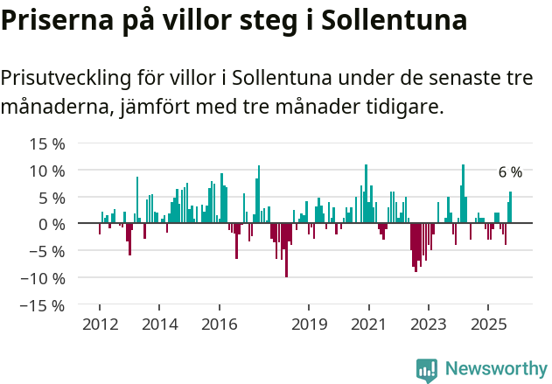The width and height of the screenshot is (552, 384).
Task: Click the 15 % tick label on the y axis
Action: pos(46,143)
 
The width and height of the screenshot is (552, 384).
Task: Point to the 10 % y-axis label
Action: pos(46,171)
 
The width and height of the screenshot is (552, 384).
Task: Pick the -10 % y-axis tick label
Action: pos(44,279)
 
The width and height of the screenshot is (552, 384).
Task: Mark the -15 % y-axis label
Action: pos(44,306)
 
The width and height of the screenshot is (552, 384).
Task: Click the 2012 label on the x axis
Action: pos(99,325)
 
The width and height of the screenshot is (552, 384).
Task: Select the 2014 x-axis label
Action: pos(159,325)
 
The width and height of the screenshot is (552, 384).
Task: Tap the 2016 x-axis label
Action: pos(219,325)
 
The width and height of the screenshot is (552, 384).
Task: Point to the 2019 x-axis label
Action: pos(309,325)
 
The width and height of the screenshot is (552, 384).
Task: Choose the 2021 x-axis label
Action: pos(368,325)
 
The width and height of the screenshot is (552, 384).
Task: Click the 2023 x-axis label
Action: pos(428,325)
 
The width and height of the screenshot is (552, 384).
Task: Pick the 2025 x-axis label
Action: pos(487,325)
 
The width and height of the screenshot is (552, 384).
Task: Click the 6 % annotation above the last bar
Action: pos(510,172)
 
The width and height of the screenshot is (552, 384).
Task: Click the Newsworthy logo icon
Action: pos(427,369)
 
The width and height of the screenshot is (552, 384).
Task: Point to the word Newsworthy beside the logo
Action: pos(495,369)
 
